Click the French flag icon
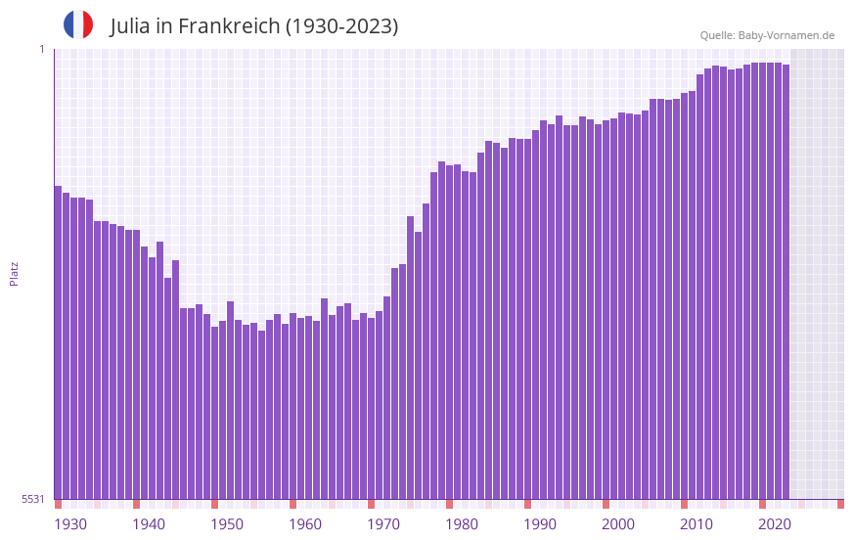[78, 24]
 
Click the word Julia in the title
[134, 26]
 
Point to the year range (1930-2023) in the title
[341, 26]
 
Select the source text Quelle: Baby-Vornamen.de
[767, 36]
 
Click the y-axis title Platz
[14, 273]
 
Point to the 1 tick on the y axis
[41, 49]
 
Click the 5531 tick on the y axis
[33, 499]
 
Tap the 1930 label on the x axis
[70, 524]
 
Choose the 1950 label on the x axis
[227, 524]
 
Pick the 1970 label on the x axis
[383, 524]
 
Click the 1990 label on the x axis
[540, 524]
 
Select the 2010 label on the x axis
[697, 524]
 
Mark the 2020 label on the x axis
[775, 524]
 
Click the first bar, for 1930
[59, 342]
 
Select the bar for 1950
[215, 411]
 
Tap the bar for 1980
[450, 333]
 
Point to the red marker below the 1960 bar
[292, 504]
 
